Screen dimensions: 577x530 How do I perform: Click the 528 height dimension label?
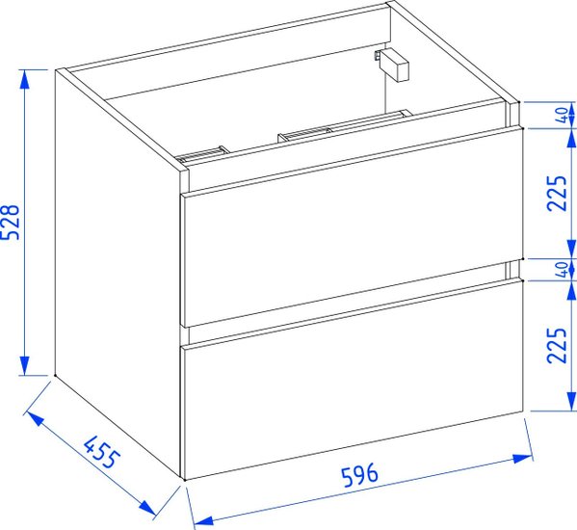pos(10,222)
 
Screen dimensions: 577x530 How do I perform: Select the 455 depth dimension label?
pos(102,452)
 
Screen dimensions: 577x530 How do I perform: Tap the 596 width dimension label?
pos(360,475)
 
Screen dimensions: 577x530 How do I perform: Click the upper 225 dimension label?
pos(557,194)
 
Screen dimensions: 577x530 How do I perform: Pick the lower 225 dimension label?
pos(557,345)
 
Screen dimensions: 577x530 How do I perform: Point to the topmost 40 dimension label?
pos(562,116)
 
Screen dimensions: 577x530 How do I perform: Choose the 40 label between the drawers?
pos(562,270)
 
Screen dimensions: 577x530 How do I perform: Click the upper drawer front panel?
pos(353,226)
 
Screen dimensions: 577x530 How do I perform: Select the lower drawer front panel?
pos(353,379)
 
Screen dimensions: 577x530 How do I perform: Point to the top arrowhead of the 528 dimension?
pos(24,79)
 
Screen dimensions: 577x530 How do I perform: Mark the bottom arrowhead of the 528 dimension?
pos(24,365)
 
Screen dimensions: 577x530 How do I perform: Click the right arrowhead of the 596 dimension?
pos(522,459)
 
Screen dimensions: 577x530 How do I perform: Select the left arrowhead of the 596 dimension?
pos(203,520)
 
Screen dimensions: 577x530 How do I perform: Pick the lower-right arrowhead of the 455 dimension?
pos(146,508)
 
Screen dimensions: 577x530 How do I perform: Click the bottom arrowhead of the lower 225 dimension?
pos(571,401)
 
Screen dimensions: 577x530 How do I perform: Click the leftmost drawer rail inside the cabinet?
pos(202,154)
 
